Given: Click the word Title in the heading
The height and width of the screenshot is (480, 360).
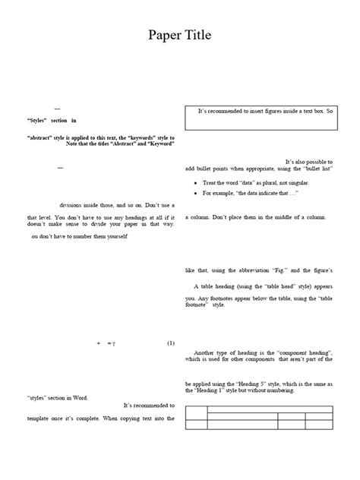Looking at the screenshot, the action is coord(196,35).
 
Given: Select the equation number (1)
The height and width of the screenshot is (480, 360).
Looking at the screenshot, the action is coord(171,343).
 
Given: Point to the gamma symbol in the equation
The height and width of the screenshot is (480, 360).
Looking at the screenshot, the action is coord(112,343).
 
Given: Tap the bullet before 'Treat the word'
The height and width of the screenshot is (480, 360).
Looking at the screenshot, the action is coord(196,184).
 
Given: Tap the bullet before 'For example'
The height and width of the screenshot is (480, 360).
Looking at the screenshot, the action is coord(196,194).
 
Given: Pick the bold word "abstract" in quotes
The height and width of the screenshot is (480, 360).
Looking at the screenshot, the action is coord(41,137).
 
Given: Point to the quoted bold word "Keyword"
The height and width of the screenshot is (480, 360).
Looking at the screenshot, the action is coord(160,144).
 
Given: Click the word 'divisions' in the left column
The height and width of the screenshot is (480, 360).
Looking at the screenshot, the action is coord(74,205).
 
